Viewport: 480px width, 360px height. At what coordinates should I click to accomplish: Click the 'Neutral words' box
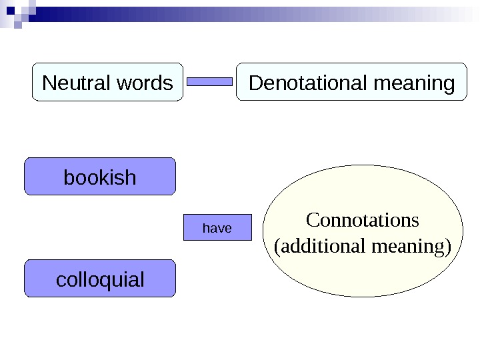pyautogui.click(x=107, y=82)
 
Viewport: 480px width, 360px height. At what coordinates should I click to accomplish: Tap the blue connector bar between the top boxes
pyautogui.click(x=209, y=82)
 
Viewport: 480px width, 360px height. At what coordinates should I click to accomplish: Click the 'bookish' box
pyautogui.click(x=100, y=177)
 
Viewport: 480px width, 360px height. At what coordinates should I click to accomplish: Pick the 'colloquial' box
pyautogui.click(x=100, y=279)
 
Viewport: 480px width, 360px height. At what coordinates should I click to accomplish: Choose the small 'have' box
pyautogui.click(x=217, y=227)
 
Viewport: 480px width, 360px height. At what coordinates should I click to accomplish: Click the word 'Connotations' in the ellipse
pyautogui.click(x=363, y=219)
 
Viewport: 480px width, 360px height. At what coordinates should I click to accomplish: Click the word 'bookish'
pyautogui.click(x=100, y=177)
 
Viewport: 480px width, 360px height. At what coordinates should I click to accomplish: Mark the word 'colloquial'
pyautogui.click(x=100, y=279)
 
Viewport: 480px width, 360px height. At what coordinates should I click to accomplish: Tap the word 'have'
pyautogui.click(x=217, y=228)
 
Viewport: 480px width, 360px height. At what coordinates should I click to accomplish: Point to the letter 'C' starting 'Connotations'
pyautogui.click(x=311, y=219)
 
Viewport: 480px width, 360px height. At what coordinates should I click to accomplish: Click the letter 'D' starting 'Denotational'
pyautogui.click(x=254, y=83)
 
